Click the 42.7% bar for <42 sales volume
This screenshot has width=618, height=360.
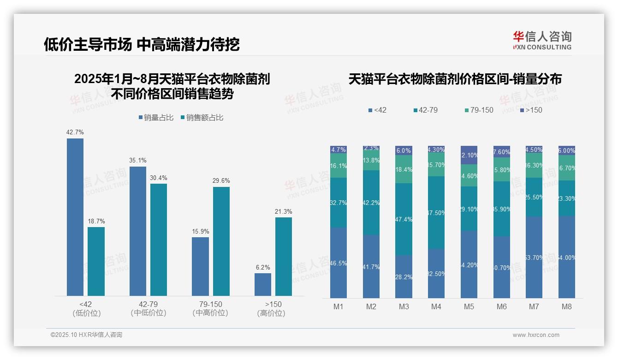75,217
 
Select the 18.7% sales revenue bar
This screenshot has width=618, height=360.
96,261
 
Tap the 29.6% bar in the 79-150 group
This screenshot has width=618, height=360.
221,241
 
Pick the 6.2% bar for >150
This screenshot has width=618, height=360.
263,284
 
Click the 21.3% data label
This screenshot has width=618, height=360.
284,211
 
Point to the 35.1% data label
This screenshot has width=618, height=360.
138,160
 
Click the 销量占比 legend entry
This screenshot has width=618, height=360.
156,118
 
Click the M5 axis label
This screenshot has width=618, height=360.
469,306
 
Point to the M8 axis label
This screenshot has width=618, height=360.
567,306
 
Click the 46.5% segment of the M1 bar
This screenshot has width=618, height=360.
339,263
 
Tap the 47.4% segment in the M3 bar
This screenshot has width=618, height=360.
404,219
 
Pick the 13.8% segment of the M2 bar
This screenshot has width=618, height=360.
371,161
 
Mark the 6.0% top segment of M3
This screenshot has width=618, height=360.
404,150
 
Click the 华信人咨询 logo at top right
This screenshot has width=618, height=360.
542,40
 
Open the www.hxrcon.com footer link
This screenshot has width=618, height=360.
536,335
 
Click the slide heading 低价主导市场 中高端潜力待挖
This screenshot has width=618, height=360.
142,44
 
